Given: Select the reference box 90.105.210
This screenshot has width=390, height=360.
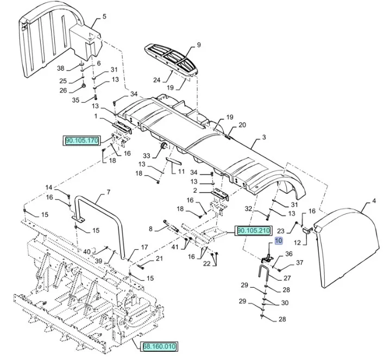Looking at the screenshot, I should pyautogui.click(x=253, y=231).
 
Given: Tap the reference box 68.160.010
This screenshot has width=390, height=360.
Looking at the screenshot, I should pyautogui.click(x=160, y=346).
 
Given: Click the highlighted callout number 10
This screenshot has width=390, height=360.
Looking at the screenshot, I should pyautogui.click(x=279, y=241).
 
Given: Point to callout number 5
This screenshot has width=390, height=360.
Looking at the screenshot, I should pyautogui.click(x=105, y=16).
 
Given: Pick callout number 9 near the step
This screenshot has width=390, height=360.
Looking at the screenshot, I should pyautogui.click(x=199, y=45).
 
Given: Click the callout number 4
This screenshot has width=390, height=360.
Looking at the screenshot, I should pyautogui.click(x=374, y=201).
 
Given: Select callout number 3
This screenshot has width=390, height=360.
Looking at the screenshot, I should pyautogui.click(x=263, y=137).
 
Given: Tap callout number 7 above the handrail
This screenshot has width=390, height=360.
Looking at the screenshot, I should pyautogui.click(x=108, y=192).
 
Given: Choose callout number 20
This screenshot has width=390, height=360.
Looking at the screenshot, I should pyautogui.click(x=242, y=125).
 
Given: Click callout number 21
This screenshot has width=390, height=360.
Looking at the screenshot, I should pyautogui.click(x=159, y=258).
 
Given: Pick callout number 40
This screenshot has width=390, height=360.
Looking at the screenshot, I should pyautogui.click(x=87, y=251).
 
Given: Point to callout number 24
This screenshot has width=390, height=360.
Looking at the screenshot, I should pyautogui.click(x=156, y=79).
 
